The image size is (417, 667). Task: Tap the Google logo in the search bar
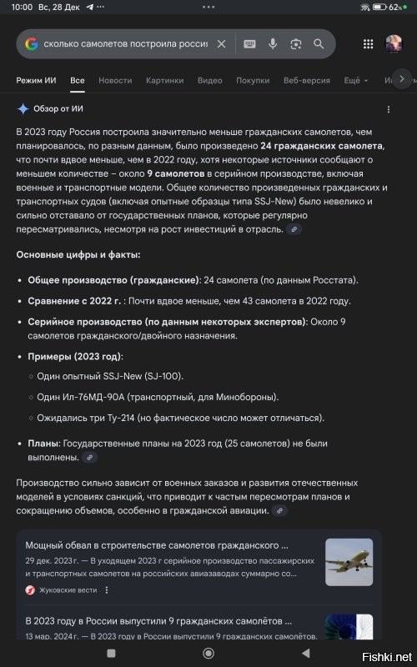[31, 43]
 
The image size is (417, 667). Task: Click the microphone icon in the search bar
[273, 43]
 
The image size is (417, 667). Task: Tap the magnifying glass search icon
[319, 43]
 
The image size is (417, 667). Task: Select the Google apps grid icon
[369, 43]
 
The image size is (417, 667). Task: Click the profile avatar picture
[394, 43]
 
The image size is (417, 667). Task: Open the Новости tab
[115, 81]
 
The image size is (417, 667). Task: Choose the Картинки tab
[164, 81]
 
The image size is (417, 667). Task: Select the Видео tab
[209, 81]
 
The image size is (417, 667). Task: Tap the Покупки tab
[253, 81]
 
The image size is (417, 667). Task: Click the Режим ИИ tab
[38, 81]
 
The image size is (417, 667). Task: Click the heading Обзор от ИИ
[58, 108]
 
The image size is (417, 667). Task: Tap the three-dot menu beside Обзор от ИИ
[388, 109]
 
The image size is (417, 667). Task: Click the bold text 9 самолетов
[174, 173]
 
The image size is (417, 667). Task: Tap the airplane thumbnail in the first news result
[349, 562]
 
